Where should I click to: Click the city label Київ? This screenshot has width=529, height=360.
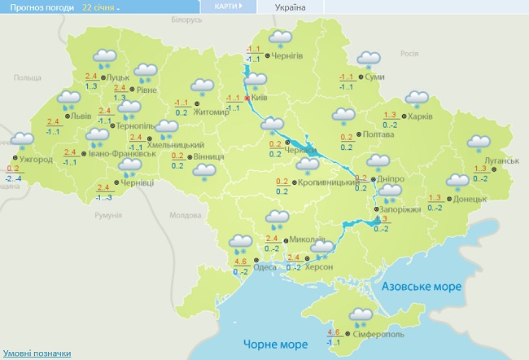(260, 98)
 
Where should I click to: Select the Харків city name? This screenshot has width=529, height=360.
(420, 116)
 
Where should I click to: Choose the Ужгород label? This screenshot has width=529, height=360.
(35, 160)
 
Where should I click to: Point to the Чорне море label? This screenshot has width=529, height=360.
(276, 345)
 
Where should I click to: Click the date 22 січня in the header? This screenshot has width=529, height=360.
(99, 7)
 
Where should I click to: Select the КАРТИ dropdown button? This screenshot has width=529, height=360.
(228, 7)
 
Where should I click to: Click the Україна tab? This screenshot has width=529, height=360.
(290, 7)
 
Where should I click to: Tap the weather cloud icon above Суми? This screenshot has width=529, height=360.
(369, 60)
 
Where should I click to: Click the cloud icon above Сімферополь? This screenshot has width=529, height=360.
(361, 315)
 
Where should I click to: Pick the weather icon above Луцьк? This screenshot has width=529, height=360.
(105, 59)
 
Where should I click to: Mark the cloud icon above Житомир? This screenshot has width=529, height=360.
(201, 86)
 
